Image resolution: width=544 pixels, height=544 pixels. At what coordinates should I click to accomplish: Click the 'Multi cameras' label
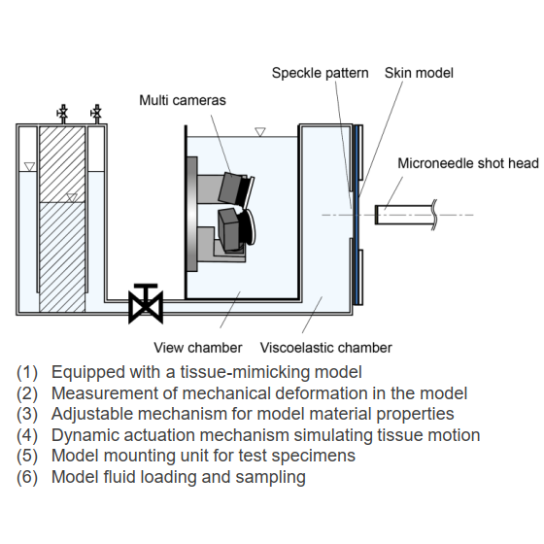coord(183,100)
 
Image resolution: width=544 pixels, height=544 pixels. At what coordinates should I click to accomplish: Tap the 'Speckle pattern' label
coord(320,73)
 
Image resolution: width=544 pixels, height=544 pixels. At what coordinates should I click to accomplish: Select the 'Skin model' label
coord(419,73)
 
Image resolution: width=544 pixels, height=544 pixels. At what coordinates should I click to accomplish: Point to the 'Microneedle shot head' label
coord(468,163)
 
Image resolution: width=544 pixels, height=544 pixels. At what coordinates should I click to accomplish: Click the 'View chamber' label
coord(198,348)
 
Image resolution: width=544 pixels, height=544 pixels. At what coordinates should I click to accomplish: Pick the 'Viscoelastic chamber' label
coord(326,348)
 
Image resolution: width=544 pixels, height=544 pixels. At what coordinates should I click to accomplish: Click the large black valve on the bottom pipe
coord(146,304)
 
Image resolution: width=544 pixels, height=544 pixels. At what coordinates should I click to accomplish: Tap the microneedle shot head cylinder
coord(405,215)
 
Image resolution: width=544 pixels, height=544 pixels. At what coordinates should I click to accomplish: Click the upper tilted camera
coord(236,188)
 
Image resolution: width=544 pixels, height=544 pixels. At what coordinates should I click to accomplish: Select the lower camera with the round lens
coord(236,228)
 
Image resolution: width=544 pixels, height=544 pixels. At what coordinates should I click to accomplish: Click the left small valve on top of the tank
coord(63,114)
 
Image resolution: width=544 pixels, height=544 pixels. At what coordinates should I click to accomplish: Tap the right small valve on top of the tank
coord(97,114)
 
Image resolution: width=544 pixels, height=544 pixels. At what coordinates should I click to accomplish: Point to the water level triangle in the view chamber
coord(260,132)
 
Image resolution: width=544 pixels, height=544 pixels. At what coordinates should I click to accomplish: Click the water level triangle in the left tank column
coord(30,166)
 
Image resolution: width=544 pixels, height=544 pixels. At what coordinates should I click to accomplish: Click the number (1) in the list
coord(27,372)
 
